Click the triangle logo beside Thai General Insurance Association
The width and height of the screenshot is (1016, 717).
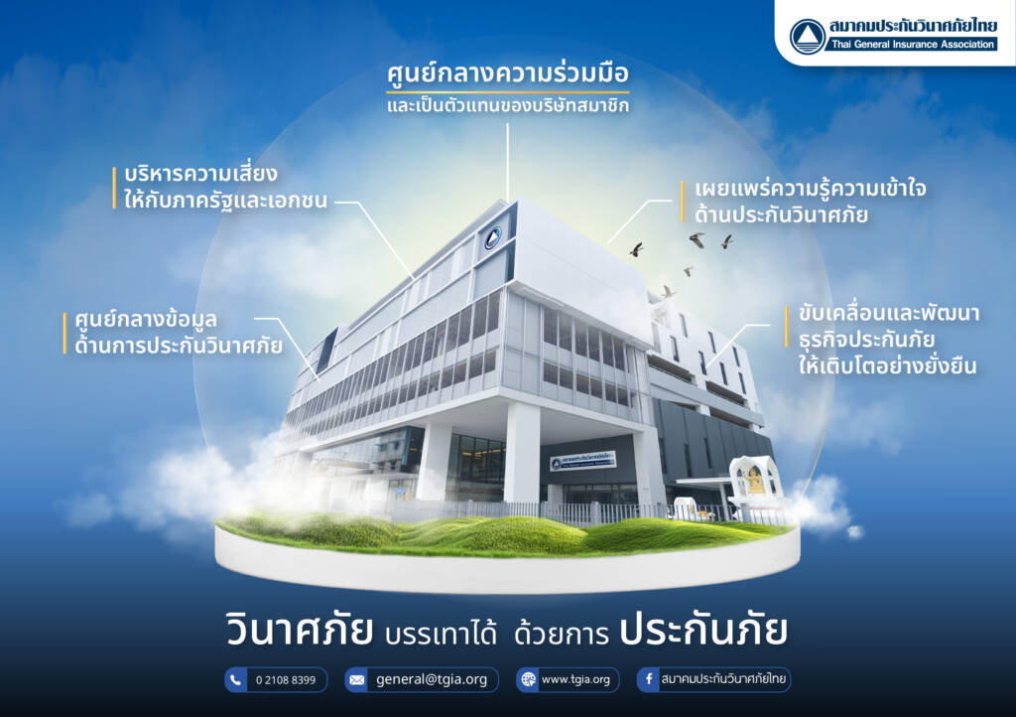pos(808,36)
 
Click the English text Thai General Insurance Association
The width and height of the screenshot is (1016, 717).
pos(913,44)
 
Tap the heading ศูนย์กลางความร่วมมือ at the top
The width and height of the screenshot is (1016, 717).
pos(507,73)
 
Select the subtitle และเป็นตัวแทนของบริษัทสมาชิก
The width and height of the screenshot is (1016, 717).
pos(507,105)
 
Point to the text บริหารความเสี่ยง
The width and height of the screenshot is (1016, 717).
pos(200,174)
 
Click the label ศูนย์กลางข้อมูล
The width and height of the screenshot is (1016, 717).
pos(146,319)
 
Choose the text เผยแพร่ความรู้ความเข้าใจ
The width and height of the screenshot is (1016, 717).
pos(810,189)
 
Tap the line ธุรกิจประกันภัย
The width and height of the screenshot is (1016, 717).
pos(866,340)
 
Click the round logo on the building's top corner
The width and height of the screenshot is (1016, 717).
pos(493,238)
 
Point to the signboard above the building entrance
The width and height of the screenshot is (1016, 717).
pos(583,461)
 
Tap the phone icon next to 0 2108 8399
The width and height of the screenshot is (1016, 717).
pos(236,680)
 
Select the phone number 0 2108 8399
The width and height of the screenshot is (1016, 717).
pos(286,680)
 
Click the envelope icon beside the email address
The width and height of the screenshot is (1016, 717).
pos(356,680)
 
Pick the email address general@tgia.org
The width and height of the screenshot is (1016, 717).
pos(432,679)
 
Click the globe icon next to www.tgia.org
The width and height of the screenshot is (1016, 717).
pos(528,680)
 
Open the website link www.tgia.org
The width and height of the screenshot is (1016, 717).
pos(575,679)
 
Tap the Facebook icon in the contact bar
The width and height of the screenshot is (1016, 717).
pos(648,680)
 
